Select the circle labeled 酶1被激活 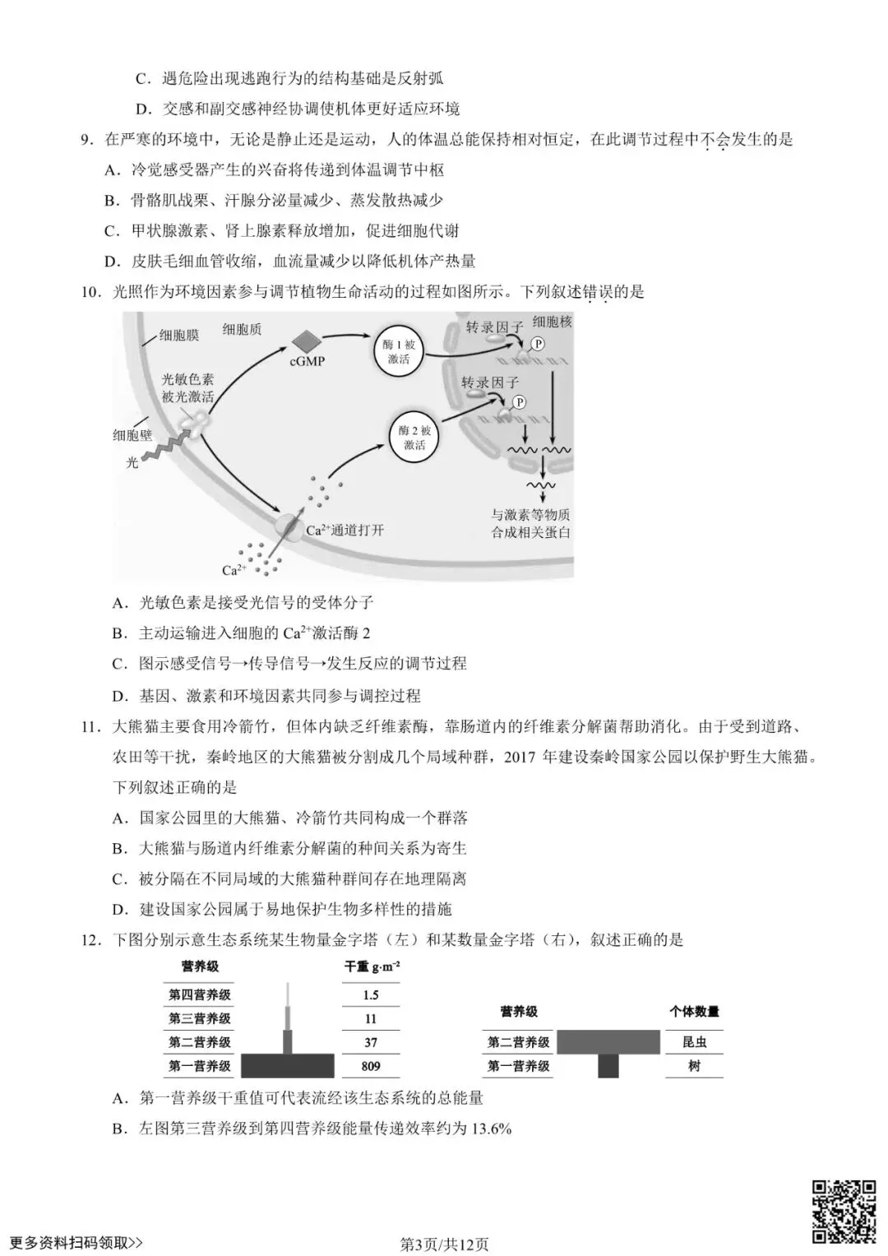[x=399, y=352]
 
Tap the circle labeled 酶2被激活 [x=414, y=438]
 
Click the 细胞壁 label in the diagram [x=132, y=435]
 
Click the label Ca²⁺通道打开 [x=345, y=531]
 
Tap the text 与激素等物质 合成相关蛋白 [x=530, y=523]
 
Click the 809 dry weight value [x=371, y=1066]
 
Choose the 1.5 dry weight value [x=371, y=994]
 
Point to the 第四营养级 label [x=200, y=994]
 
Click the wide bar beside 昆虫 [x=608, y=1042]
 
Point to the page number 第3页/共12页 [x=444, y=1244]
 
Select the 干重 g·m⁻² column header [x=372, y=966]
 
